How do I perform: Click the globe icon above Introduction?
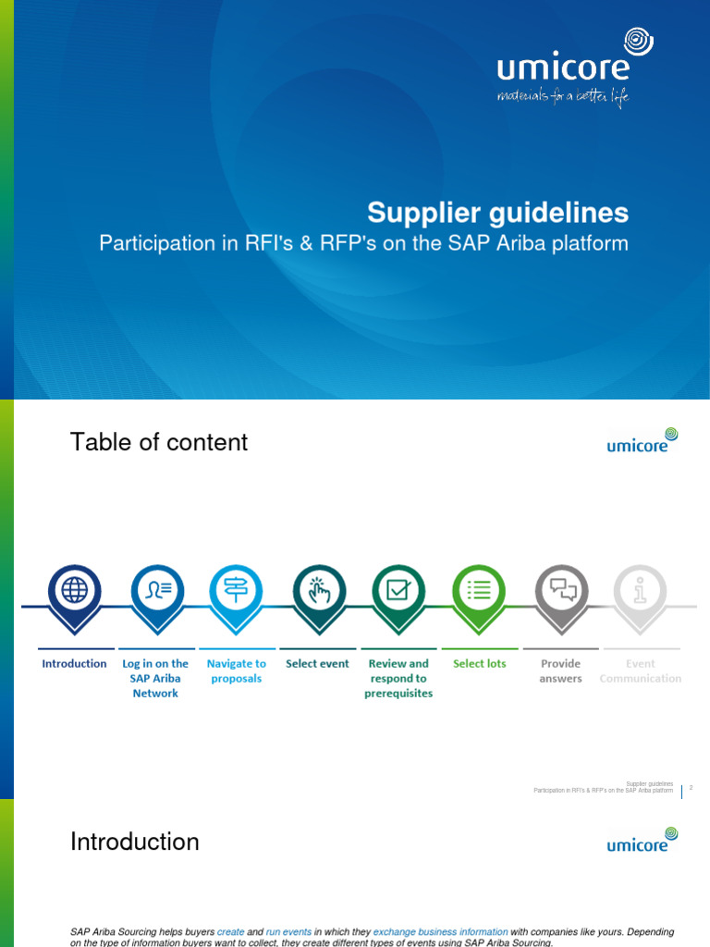pos(74,589)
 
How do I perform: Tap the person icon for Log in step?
pos(155,589)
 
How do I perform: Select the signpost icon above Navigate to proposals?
pos(236,589)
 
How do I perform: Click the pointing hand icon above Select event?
pos(318,589)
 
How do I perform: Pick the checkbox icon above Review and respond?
pos(398,589)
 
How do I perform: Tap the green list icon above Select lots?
pos(479,589)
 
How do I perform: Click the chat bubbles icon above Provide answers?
pos(561,589)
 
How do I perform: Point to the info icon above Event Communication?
pos(640,589)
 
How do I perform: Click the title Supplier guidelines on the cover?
pos(497,213)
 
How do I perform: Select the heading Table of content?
pos(159,442)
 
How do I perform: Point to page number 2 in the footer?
pos(691,788)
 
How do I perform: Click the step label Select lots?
pos(479,663)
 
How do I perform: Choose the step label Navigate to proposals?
pos(236,670)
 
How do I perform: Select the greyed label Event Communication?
pos(640,670)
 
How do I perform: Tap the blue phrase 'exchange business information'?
pos(440,932)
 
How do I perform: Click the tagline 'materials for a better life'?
pos(562,96)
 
